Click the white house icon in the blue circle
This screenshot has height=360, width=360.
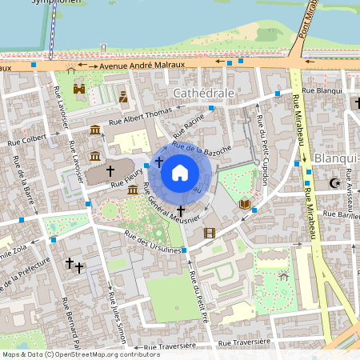click(180, 172)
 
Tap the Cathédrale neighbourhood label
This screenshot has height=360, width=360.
click(204, 93)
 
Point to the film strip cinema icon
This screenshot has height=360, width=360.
click(210, 233)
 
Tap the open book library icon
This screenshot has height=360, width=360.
click(244, 204)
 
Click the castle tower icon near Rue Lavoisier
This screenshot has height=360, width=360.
click(79, 89)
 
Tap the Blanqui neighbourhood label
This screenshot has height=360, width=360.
click(334, 158)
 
